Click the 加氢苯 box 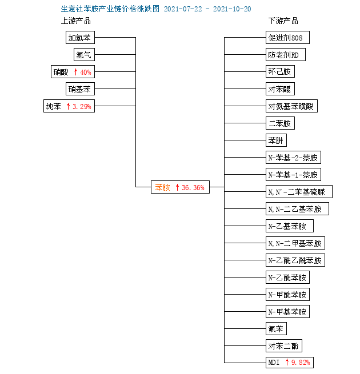click(80, 38)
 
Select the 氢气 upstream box click(84, 55)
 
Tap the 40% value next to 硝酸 click(86, 72)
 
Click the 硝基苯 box click(80, 89)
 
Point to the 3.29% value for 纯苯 click(82, 106)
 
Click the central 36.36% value click(193, 187)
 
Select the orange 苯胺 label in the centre click(163, 187)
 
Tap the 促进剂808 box click(287, 38)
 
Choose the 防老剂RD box click(286, 55)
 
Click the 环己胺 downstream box click(280, 71)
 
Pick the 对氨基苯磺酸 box click(292, 106)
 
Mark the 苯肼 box click(276, 140)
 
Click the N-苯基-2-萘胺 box click(293, 158)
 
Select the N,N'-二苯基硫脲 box click(299, 191)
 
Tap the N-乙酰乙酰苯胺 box click(295, 260)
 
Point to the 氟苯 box click(276, 329)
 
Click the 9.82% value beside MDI click(301, 363)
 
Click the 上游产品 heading click(76, 21)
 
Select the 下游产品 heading click(283, 21)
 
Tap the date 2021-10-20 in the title click(232, 9)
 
